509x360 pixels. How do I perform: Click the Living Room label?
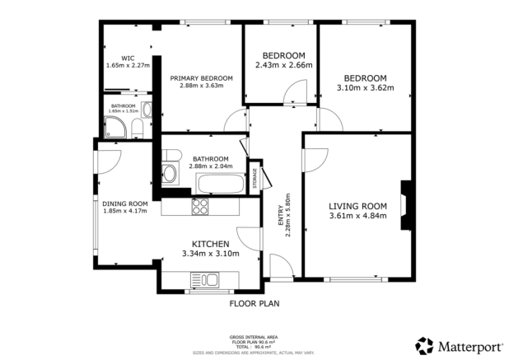[x=357, y=206]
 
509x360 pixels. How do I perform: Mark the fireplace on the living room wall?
[x=404, y=203]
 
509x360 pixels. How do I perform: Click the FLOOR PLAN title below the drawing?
[x=254, y=303]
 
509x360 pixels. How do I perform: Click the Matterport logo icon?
[x=424, y=344]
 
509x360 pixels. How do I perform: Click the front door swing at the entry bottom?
[x=281, y=265]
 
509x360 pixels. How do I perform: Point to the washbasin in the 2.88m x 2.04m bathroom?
[x=169, y=174]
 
